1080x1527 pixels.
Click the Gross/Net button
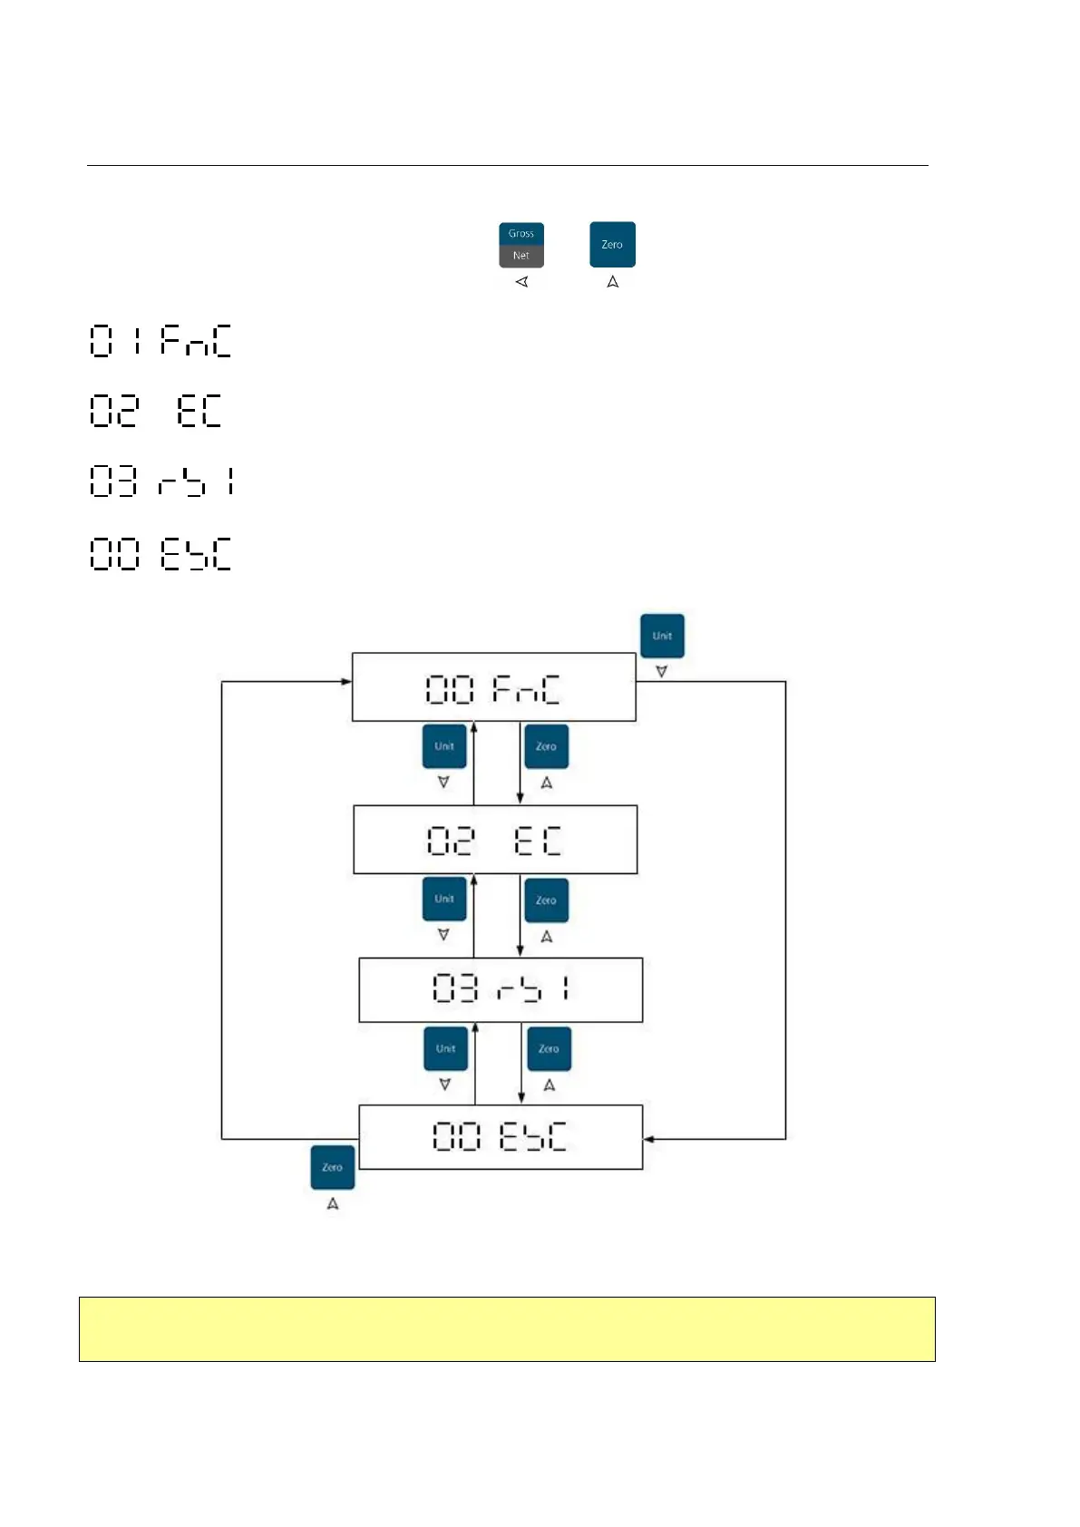pos(521,245)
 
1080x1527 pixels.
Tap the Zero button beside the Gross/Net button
pos(612,245)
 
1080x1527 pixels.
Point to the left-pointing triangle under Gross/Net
pos(521,282)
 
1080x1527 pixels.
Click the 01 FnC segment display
pos(161,341)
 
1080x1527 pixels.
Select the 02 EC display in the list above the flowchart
pos(156,411)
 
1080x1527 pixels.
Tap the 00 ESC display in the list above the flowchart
pos(161,553)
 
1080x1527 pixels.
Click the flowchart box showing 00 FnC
pos(493,687)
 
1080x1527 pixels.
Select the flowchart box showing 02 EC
pos(495,840)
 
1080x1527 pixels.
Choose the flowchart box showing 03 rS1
pos(501,989)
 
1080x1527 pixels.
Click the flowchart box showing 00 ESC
pos(501,1137)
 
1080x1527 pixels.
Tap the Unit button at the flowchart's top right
pos(662,636)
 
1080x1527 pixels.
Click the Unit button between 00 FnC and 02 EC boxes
pos(444,746)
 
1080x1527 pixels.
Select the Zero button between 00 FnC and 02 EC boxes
pos(546,746)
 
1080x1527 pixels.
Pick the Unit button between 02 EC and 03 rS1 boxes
pos(444,900)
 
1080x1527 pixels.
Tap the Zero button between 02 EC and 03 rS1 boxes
pos(546,900)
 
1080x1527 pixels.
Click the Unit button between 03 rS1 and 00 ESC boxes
pos(445,1049)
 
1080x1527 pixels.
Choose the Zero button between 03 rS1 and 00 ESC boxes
pos(549,1049)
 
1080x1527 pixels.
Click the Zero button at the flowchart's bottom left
pos(332,1168)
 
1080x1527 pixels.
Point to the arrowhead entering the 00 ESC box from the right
pos(648,1139)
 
